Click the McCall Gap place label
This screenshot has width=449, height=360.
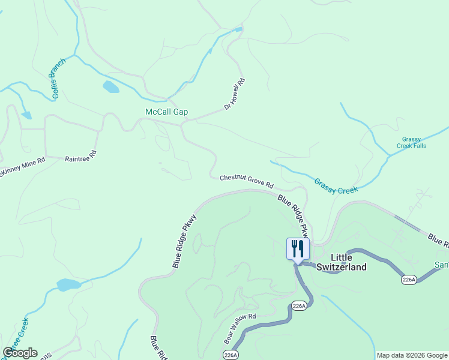[x=166, y=112]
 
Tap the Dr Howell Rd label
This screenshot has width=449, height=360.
[x=235, y=94]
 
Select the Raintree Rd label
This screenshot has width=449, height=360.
[x=80, y=155]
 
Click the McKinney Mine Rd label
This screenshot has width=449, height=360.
[x=23, y=164]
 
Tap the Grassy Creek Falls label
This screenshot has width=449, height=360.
[x=412, y=142]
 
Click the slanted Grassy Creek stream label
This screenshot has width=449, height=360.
[x=336, y=185]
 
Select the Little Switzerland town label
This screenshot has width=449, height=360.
[x=341, y=262]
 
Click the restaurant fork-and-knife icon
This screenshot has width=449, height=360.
[x=298, y=248]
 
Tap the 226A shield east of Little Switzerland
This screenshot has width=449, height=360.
[x=409, y=280]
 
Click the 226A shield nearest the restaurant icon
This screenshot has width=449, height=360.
[x=299, y=306]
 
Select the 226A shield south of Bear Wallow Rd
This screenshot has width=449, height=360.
[x=231, y=355]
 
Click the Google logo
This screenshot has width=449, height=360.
[x=20, y=353]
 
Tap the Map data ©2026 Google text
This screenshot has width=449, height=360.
[x=411, y=355]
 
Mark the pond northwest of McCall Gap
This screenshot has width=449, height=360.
[x=110, y=87]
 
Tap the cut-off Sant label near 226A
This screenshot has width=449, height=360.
[x=441, y=265]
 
